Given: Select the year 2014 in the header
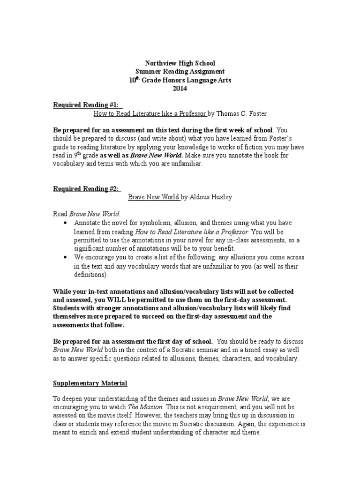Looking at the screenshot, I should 180,88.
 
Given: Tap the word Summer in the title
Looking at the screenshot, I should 146,71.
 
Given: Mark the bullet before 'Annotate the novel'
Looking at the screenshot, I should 65,223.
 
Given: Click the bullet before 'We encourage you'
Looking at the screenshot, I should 65,257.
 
